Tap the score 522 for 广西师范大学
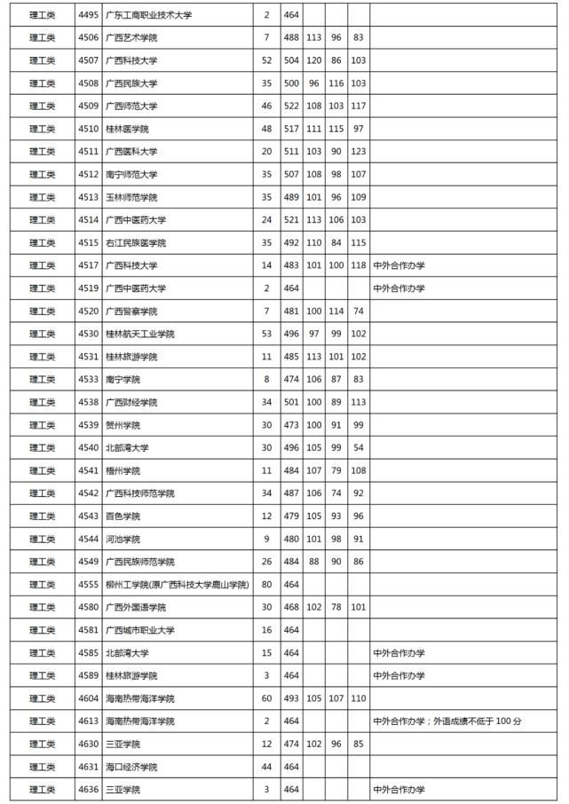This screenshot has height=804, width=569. coord(291,106)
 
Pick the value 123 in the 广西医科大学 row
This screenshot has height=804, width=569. coord(358,152)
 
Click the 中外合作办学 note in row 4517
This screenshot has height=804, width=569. coord(399,265)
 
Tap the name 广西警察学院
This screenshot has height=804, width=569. coord(131,311)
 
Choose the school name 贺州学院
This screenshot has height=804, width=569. coord(122,425)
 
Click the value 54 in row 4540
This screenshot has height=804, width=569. coord(358,447)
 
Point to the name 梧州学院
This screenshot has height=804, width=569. coord(122,470)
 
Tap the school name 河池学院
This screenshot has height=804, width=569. coord(122,539)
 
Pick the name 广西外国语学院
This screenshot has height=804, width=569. coord(135,607)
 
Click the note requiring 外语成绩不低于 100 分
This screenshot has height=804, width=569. coord(447,721)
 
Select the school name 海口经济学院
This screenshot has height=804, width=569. coord(131,766)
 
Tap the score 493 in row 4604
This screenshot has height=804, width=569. coord(291,698)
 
